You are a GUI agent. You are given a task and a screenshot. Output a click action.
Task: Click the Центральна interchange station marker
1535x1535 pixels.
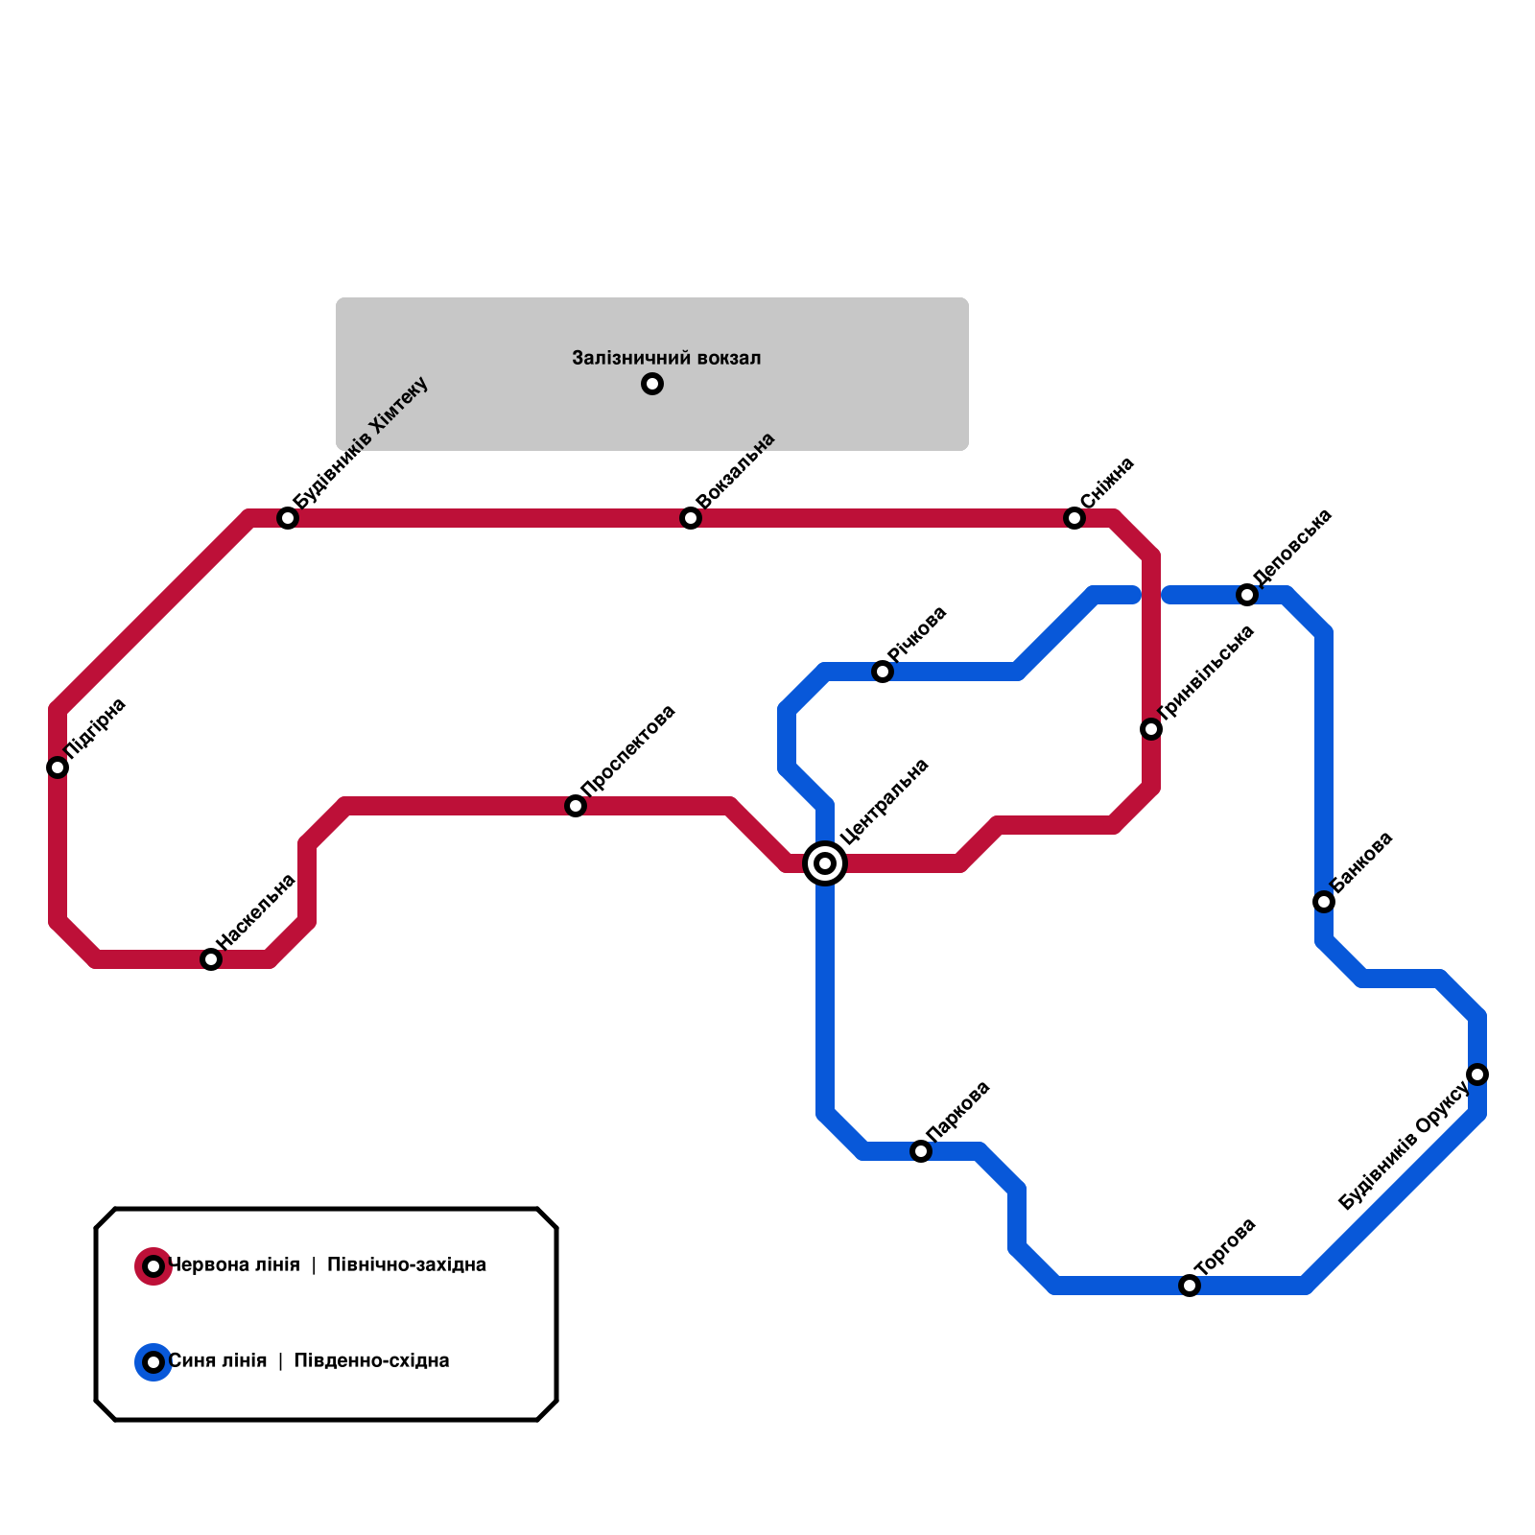click(x=825, y=863)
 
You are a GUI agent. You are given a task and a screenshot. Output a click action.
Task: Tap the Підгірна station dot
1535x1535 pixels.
click(x=58, y=767)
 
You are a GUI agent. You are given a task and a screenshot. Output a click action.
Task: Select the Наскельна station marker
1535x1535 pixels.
click(x=211, y=959)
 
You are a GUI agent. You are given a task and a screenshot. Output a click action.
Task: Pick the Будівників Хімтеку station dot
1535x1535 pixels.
click(x=288, y=518)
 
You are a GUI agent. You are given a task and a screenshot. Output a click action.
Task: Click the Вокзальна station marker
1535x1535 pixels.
click(x=691, y=518)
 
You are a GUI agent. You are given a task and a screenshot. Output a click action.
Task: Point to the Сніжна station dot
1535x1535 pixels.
click(x=1074, y=518)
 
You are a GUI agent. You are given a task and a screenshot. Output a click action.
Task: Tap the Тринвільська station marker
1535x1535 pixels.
click(x=1151, y=729)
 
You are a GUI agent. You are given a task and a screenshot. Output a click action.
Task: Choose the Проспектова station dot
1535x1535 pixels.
click(x=576, y=806)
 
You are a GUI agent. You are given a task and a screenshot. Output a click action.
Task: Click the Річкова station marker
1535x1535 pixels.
click(x=883, y=672)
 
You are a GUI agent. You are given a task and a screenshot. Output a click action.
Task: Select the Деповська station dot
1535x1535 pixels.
click(x=1247, y=595)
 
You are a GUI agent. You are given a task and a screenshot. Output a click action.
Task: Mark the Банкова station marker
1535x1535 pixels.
click(x=1324, y=902)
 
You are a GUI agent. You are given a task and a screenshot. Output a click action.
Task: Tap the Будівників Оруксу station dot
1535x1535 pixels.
click(x=1477, y=1074)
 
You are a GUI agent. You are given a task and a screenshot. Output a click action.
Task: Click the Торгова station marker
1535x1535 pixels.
click(x=1190, y=1286)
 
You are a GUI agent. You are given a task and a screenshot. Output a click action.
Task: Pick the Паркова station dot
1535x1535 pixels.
click(x=921, y=1151)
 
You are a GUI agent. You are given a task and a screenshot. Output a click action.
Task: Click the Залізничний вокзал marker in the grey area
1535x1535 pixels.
click(x=652, y=384)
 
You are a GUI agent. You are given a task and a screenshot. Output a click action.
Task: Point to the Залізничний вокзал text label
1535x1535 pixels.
click(x=666, y=359)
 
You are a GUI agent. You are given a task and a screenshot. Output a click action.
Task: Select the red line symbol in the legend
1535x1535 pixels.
click(x=153, y=1266)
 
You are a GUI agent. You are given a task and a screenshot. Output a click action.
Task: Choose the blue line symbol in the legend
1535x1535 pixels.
click(x=153, y=1362)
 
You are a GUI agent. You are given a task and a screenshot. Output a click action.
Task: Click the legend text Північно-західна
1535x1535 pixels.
click(x=407, y=1265)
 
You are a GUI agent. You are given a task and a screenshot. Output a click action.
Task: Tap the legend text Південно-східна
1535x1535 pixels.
click(x=371, y=1361)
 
